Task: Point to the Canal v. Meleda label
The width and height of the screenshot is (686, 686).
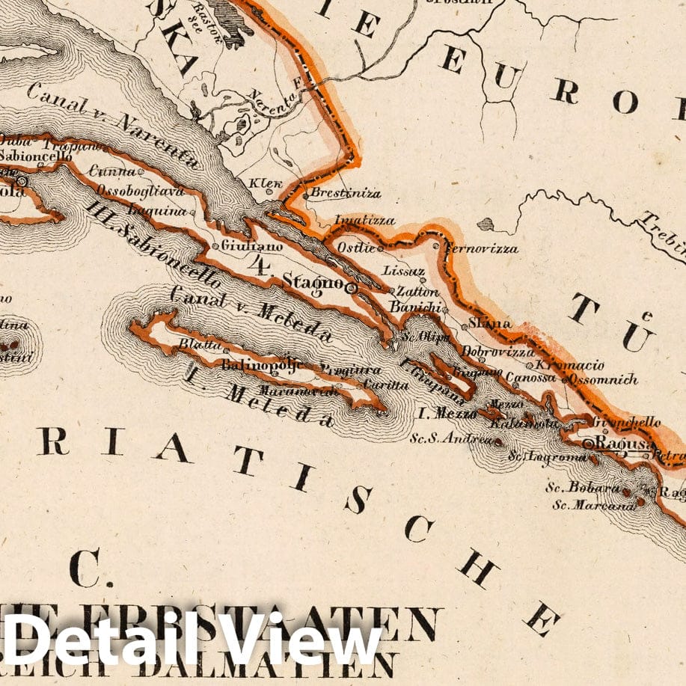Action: click(251, 314)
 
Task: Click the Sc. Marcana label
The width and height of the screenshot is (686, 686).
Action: click(584, 505)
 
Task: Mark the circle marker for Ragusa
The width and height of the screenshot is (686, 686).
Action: click(589, 444)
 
